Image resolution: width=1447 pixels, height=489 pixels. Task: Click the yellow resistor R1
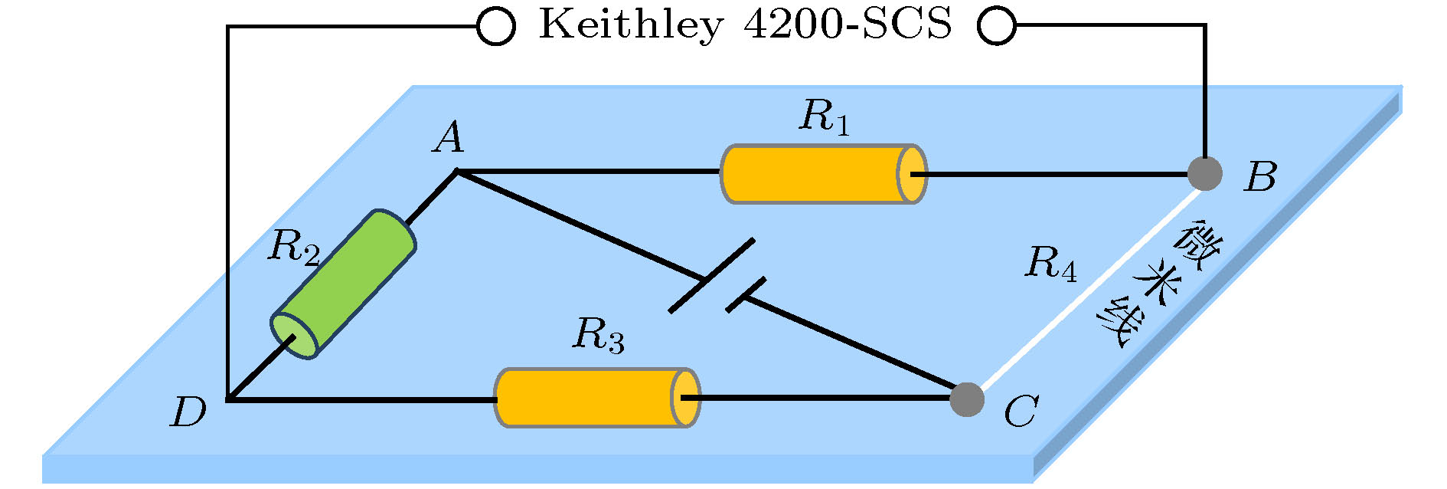[x=823, y=174]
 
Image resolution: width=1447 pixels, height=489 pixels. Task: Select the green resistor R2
[x=344, y=284]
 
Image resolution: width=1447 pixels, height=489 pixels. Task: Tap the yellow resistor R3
[x=596, y=398]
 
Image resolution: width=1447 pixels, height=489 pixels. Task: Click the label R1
[x=825, y=118]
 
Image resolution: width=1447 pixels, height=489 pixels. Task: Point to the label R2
[x=293, y=248]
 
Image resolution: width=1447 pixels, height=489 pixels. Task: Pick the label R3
[x=599, y=336]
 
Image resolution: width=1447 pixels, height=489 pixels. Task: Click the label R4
[x=1050, y=264]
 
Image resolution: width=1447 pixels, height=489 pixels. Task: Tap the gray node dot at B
[x=1204, y=174]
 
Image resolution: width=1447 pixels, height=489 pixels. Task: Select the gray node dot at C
[x=966, y=399]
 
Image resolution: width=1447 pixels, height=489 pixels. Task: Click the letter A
[x=450, y=139]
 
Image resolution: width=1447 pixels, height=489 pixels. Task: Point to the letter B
[x=1261, y=177]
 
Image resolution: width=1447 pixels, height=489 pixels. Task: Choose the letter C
[x=1021, y=412]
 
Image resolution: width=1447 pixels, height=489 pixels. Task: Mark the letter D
[x=188, y=412]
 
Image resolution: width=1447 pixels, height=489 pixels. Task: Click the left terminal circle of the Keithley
[x=495, y=27]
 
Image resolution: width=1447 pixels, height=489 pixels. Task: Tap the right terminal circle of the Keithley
[x=997, y=27]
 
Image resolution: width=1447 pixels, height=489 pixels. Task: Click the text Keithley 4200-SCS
[x=746, y=25]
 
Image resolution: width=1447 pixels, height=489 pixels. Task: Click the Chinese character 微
[x=1198, y=244]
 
